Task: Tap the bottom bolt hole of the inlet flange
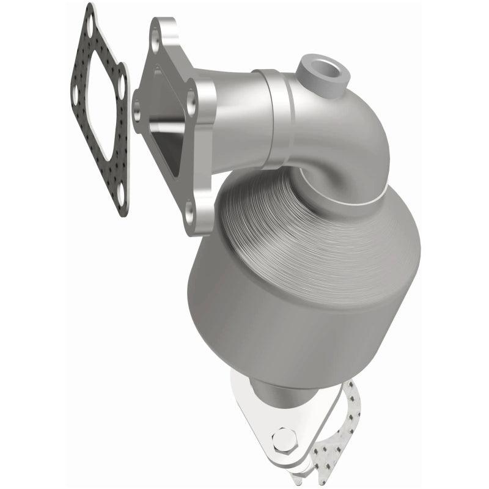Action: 190,211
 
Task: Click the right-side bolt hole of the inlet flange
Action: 191,105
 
